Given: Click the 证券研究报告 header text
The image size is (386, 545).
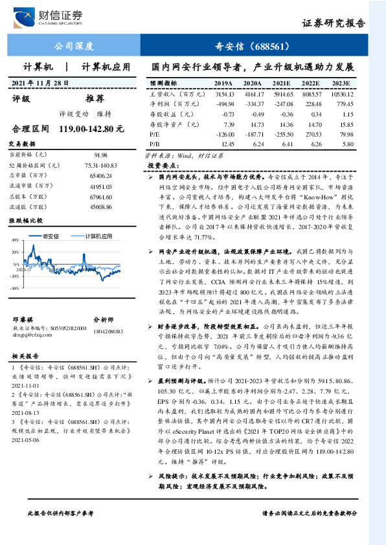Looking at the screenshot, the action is [x=334, y=23].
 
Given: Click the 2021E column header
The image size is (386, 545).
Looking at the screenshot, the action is [x=280, y=83].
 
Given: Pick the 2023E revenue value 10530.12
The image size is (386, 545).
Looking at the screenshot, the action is [x=341, y=94].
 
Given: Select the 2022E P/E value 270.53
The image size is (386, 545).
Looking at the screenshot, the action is [x=312, y=133].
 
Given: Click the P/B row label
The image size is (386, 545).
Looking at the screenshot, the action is [x=154, y=143].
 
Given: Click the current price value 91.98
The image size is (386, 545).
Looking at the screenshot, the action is [x=100, y=155].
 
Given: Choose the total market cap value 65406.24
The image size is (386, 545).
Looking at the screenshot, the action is [x=100, y=175].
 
